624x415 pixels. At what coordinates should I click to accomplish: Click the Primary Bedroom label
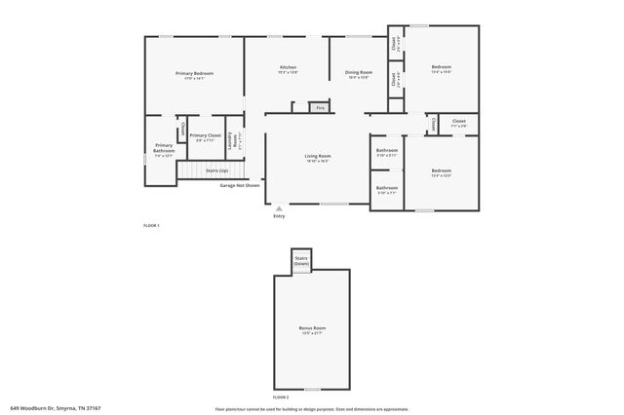point(195,74)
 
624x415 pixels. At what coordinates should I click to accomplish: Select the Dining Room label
point(359,73)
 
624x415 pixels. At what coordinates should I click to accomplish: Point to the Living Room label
point(318,156)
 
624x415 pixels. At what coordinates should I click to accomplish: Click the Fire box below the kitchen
point(319,108)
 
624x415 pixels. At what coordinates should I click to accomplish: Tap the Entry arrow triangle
point(279,207)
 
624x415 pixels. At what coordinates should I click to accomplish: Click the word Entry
point(279,216)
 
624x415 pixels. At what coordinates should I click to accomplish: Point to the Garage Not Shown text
point(240,184)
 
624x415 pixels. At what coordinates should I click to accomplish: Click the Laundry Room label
point(234,140)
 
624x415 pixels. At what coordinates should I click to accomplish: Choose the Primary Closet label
point(206,135)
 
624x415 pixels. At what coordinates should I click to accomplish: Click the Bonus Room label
point(312,328)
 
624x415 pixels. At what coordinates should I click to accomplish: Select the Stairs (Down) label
point(301,262)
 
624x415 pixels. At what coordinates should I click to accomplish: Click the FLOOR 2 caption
point(281,397)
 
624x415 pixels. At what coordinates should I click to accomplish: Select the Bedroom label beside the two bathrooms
point(442,171)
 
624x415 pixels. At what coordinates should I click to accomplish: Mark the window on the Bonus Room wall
point(312,389)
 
